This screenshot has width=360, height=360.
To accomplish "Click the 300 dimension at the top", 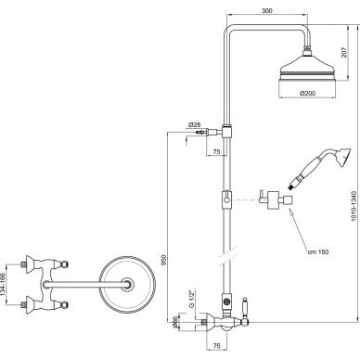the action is [267, 10].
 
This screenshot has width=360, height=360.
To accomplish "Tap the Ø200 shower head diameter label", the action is [309, 93].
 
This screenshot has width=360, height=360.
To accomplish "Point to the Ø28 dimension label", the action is [194, 124].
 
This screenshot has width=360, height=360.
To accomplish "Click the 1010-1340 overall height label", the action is [354, 206].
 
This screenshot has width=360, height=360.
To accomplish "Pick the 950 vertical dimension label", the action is [164, 260].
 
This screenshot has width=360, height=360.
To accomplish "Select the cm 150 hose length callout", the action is [318, 252].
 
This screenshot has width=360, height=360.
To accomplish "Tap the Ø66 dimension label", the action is [174, 322].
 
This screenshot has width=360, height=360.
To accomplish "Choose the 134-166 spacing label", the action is [3, 285].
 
